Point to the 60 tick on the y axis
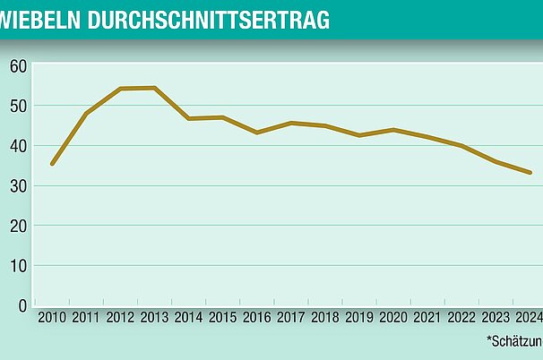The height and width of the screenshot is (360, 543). tap(18, 66)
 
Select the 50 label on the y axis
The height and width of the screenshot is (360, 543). tap(18, 106)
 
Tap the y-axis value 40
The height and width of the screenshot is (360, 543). tap(18, 146)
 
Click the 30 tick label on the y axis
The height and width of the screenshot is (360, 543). tap(18, 186)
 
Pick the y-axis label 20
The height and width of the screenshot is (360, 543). tap(18, 226)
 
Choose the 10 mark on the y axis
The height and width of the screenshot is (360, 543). tap(18, 266)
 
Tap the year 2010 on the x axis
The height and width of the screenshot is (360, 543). tap(52, 318)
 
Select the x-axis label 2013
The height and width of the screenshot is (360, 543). tap(154, 318)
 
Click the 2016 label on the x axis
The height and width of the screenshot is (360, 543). tap(257, 318)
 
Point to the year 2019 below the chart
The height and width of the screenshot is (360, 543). tap(359, 318)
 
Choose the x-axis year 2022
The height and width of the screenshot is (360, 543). tap(462, 318)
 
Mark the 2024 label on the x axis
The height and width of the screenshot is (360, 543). tap(528, 318)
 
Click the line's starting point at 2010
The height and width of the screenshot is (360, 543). tap(52, 164)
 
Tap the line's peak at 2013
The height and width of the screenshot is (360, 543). tap(154, 88)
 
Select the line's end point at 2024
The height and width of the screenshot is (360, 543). tap(530, 173)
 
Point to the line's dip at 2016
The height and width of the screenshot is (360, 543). tap(257, 133)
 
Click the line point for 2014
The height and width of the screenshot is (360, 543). tap(188, 118)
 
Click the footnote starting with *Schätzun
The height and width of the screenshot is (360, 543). tap(514, 340)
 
